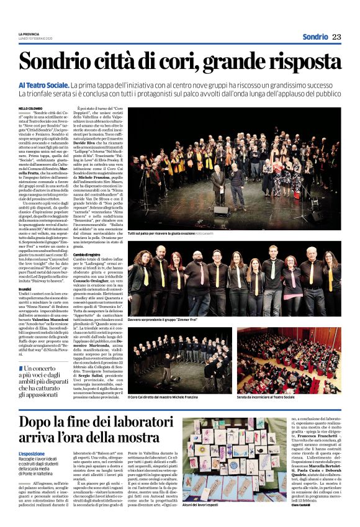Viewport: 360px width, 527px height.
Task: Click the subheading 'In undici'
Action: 25,289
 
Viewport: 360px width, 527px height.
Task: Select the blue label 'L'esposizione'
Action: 32,454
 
